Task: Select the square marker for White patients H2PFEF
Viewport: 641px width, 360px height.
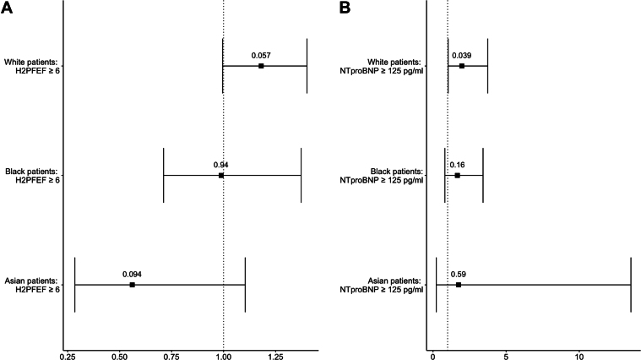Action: pyautogui.click(x=261, y=65)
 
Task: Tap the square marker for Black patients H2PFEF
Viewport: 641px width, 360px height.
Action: pyautogui.click(x=221, y=175)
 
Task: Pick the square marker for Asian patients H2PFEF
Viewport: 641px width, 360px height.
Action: pyautogui.click(x=132, y=285)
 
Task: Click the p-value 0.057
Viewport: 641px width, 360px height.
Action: pyautogui.click(x=261, y=55)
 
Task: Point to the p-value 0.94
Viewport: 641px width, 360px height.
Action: pyautogui.click(x=221, y=165)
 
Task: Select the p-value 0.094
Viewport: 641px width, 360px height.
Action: pyautogui.click(x=132, y=275)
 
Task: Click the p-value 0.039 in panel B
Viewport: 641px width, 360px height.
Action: pyautogui.click(x=462, y=55)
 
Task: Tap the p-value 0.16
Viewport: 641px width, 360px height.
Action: pyautogui.click(x=458, y=165)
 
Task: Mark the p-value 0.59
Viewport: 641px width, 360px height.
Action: pyautogui.click(x=459, y=275)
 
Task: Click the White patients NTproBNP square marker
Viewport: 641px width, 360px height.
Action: pyautogui.click(x=462, y=65)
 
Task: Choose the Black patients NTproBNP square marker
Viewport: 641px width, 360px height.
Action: pyautogui.click(x=457, y=175)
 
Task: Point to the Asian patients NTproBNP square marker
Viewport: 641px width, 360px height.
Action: pyautogui.click(x=459, y=285)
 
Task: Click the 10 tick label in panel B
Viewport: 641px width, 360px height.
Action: pyautogui.click(x=579, y=356)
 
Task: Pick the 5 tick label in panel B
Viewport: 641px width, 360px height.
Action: pyautogui.click(x=506, y=356)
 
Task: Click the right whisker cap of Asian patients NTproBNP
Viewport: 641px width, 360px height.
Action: pyautogui.click(x=631, y=285)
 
